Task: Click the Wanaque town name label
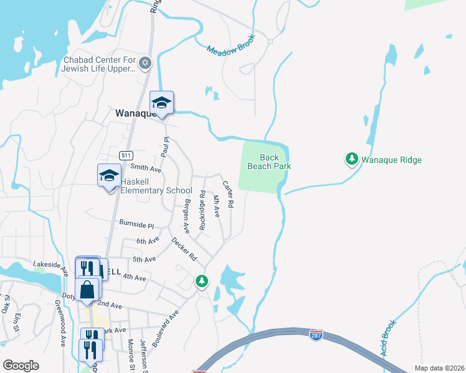coord(133,113)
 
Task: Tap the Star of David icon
coord(145,63)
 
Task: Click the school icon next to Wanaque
coord(161,103)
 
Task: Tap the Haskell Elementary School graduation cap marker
coord(109,176)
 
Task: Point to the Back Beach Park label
coord(269,162)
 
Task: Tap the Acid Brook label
coord(387,339)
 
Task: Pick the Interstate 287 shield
coord(316,336)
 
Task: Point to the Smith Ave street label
coord(146,168)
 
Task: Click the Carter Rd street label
coord(229,194)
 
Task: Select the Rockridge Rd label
coord(202,211)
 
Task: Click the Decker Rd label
coord(184,249)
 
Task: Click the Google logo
coord(21,365)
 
